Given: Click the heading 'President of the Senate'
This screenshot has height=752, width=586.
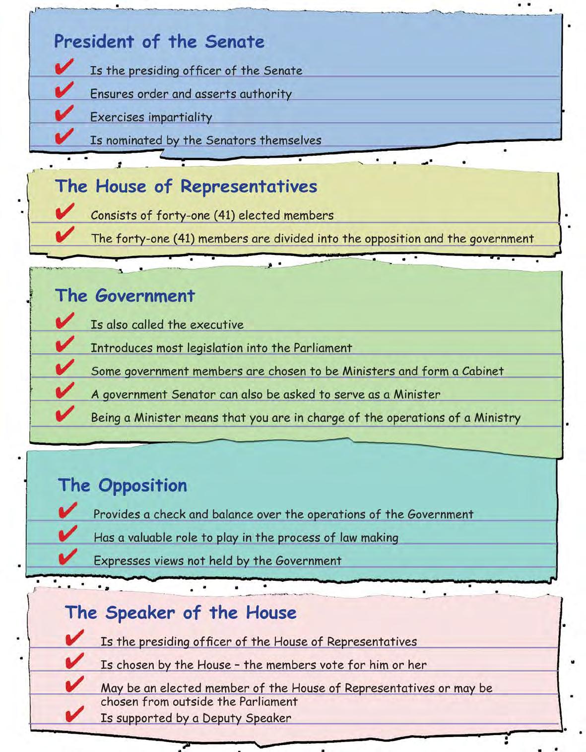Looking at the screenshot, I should (x=159, y=42).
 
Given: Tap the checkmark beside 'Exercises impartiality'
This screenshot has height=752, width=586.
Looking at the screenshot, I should (x=64, y=114).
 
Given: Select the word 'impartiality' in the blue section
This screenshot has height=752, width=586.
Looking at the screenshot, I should (x=184, y=118).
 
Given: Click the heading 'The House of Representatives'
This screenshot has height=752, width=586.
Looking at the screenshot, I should (x=186, y=187).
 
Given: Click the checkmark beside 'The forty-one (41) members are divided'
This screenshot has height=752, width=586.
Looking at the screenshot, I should (x=65, y=235).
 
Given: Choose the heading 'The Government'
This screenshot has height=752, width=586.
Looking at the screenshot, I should (x=125, y=296).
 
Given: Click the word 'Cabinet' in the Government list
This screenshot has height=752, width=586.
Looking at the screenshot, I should (x=482, y=371).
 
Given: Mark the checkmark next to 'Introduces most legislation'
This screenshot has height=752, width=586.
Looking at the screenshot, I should (x=65, y=344).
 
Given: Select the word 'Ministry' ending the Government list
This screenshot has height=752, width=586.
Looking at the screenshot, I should (x=497, y=418).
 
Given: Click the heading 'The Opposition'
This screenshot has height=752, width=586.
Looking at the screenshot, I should (x=123, y=485).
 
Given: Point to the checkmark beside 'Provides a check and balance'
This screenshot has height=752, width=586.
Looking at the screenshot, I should (x=67, y=510).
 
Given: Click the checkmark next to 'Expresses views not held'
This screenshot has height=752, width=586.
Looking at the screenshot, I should (x=67, y=557).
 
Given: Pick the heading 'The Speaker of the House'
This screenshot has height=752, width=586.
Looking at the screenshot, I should (x=181, y=613).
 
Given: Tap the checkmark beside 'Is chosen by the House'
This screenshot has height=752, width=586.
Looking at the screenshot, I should (x=74, y=661).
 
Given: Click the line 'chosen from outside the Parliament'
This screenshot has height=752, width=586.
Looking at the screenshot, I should (x=199, y=701).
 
